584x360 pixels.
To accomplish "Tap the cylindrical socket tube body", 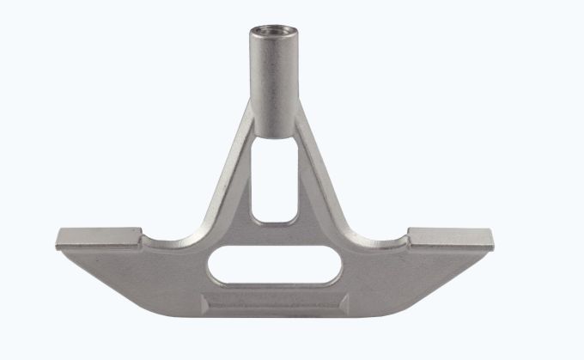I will (272, 77).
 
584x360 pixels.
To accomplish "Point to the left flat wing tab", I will (99, 236).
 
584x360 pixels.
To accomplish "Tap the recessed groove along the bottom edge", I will (274, 302).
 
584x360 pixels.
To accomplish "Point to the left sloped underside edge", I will (129, 279).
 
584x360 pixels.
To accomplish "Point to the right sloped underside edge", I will (421, 279).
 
